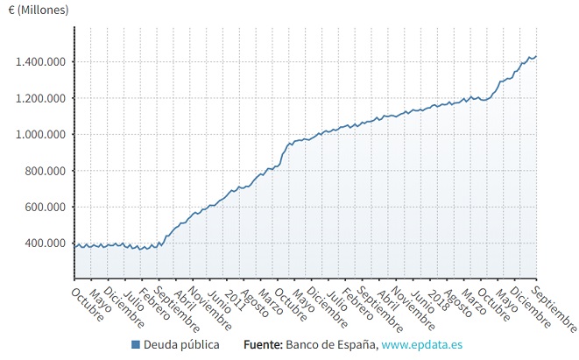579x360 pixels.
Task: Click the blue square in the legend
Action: [x=136, y=345]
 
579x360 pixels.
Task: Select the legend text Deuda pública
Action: [x=181, y=345]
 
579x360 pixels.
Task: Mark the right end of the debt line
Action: [x=536, y=57]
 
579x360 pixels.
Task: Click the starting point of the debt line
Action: [x=75, y=246]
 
